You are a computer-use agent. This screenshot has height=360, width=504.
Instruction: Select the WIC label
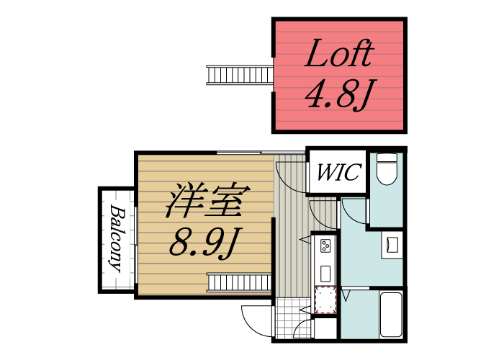tap(338, 173)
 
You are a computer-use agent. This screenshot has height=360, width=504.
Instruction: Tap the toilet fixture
tap(387, 171)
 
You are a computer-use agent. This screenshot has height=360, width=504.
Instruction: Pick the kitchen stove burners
tap(325, 246)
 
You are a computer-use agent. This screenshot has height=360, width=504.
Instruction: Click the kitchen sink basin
tap(325, 273)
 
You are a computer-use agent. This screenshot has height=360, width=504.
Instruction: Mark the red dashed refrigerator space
tap(326, 300)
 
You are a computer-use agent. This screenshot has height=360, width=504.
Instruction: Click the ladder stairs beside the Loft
tap(239, 74)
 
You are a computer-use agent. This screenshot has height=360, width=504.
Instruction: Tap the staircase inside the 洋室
tap(239, 282)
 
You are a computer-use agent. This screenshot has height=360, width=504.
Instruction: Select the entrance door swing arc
tap(256, 320)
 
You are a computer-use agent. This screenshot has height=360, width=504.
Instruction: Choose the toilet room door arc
tap(354, 212)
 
